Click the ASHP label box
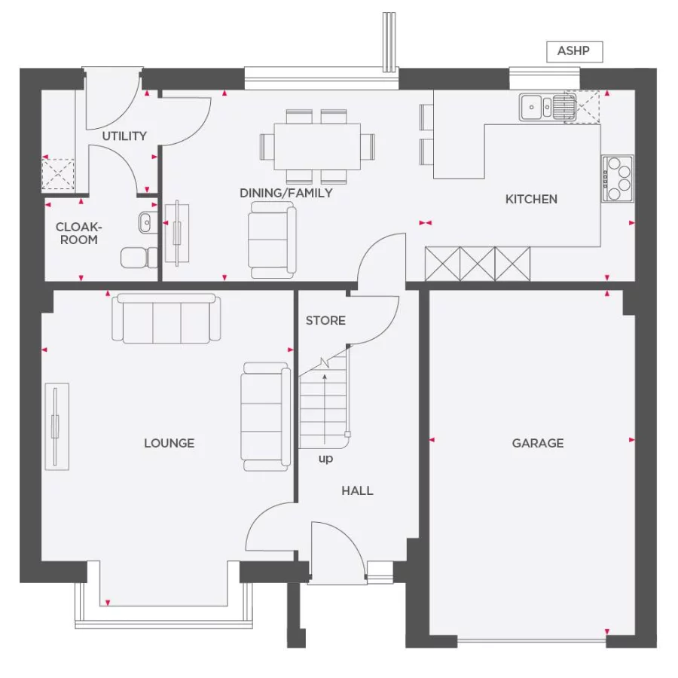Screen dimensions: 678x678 574,51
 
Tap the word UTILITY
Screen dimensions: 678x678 124,136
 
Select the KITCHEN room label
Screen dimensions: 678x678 531,199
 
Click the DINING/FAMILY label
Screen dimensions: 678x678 286,193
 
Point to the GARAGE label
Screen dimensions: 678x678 538,443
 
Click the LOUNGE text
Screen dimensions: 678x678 169,443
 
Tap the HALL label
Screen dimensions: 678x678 357,490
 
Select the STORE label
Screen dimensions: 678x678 325,320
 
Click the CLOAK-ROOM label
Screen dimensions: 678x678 78,233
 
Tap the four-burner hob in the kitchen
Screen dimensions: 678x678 616,179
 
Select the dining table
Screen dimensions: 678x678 317,145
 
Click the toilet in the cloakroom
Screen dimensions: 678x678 139,257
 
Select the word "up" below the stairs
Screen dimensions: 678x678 325,459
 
